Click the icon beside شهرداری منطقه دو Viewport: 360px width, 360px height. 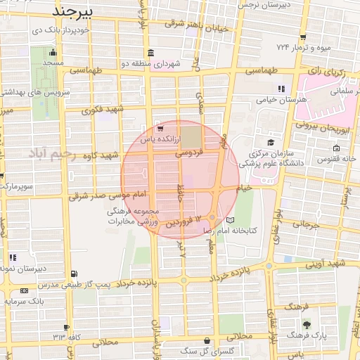click(x=151, y=53)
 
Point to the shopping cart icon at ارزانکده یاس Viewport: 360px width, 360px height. click(x=161, y=129)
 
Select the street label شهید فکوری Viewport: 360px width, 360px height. click(x=102, y=109)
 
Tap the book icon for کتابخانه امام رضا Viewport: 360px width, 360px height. click(x=222, y=221)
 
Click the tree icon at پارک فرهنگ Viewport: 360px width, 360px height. click(x=307, y=324)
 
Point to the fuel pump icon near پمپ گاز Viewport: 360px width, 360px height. click(x=75, y=274)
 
